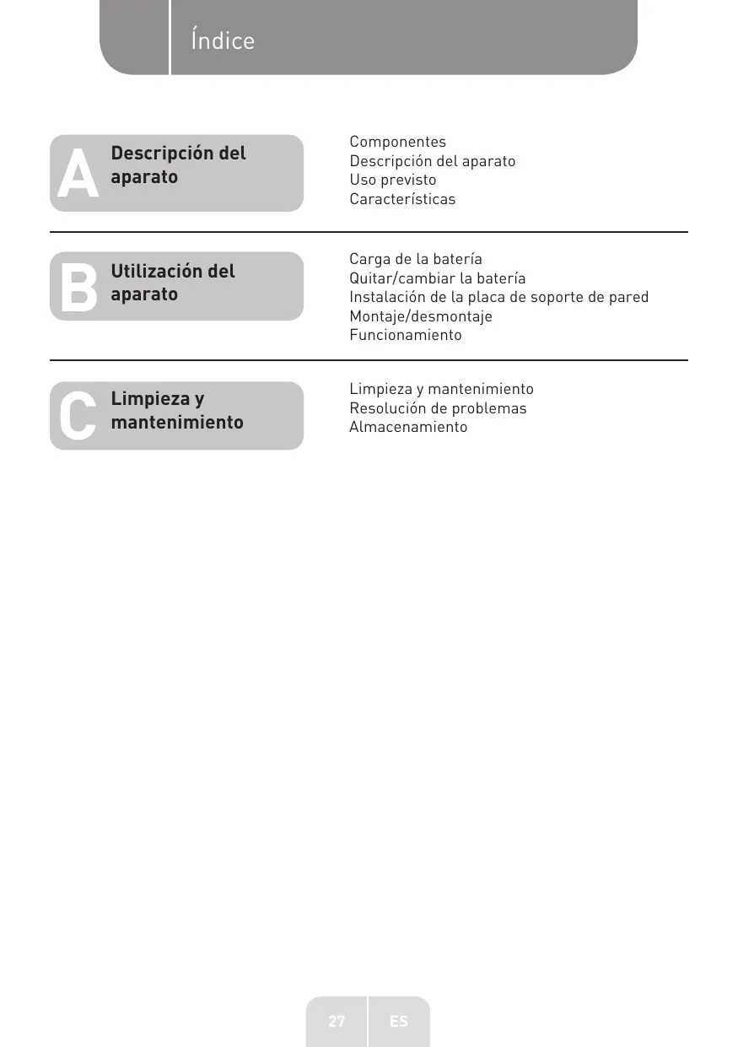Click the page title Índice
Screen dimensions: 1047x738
[223, 40]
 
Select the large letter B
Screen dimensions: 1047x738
[78, 288]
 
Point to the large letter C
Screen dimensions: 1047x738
[78, 417]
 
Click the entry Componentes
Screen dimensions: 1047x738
[397, 142]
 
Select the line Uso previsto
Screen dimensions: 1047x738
[393, 180]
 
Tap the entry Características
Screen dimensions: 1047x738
[402, 199]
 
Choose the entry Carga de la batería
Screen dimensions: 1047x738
[416, 259]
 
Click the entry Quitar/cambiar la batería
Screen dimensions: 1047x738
[437, 278]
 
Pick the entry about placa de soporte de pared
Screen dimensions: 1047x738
[498, 297]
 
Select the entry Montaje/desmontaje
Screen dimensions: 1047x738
[420, 316]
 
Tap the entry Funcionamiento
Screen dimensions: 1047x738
[406, 335]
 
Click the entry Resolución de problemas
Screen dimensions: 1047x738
[438, 408]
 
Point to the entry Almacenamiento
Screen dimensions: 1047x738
[408, 427]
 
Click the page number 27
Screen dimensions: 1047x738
[337, 1021]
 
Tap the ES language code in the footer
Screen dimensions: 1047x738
[399, 1021]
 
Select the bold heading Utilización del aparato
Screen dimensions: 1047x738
[173, 283]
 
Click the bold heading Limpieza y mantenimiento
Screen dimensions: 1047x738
[177, 410]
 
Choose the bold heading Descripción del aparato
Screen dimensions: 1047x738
[178, 165]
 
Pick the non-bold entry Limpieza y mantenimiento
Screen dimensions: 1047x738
[441, 389]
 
